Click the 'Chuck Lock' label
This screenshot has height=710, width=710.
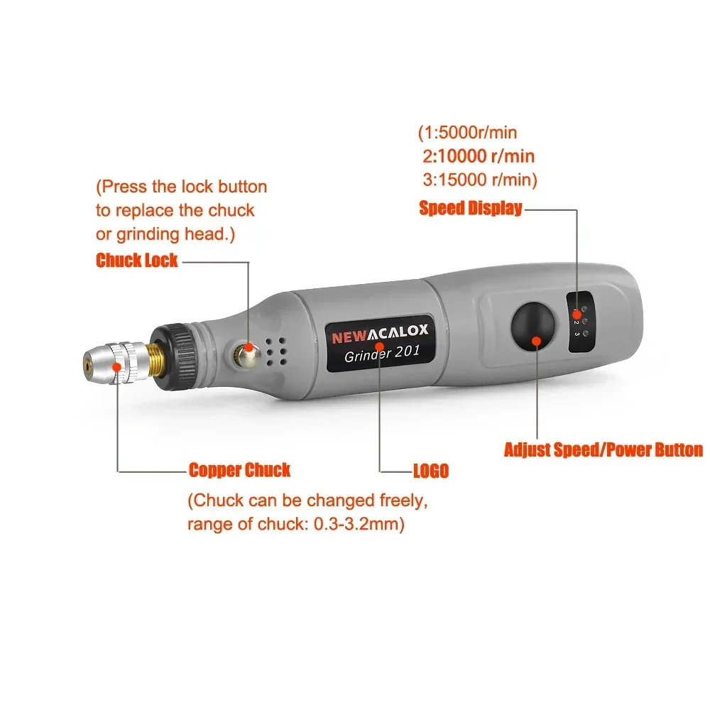(x=137, y=260)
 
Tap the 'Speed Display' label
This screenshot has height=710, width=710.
(x=471, y=208)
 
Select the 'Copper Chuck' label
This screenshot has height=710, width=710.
(x=239, y=470)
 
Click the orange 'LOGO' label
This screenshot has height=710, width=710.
(x=431, y=471)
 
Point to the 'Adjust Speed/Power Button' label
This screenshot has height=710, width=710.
(x=603, y=449)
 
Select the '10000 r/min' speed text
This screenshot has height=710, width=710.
(x=489, y=156)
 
